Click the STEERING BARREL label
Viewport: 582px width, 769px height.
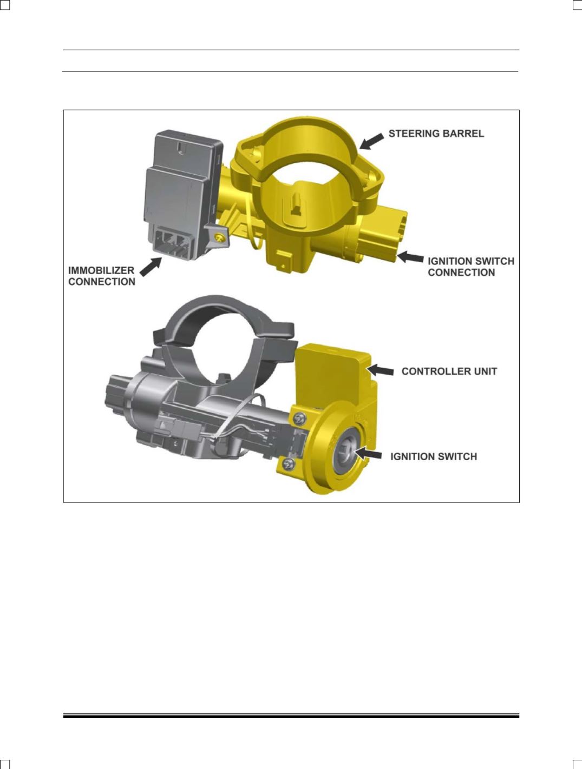point(436,134)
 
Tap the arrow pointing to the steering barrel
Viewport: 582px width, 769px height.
point(371,141)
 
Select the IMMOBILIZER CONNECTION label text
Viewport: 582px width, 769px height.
point(102,276)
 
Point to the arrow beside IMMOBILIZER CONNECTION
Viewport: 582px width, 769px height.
point(151,267)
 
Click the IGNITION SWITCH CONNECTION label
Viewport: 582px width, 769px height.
point(471,267)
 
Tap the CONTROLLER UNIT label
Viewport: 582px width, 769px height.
point(449,372)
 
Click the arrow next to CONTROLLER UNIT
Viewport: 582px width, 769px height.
point(381,370)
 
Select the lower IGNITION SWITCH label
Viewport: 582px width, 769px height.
point(434,456)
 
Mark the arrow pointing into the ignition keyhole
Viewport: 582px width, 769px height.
point(368,454)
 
